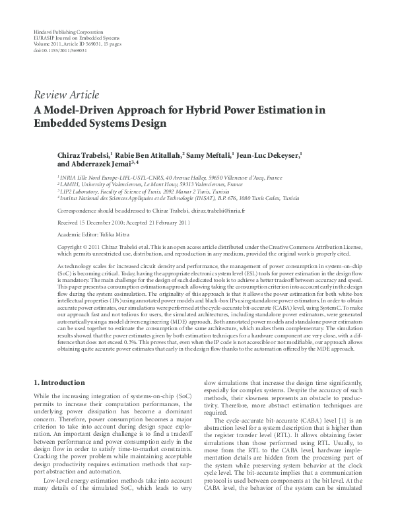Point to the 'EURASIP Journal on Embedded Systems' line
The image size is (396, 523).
(x=73, y=38)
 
